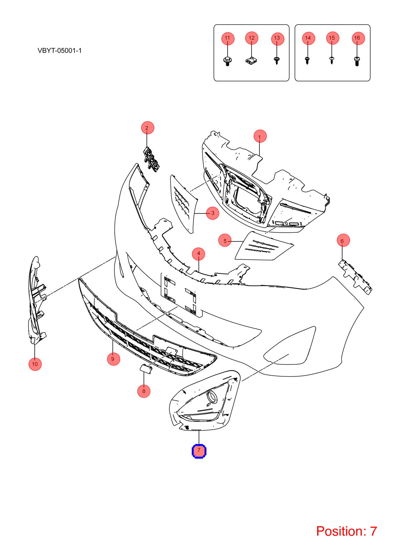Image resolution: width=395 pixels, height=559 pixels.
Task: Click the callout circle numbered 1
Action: coord(260,136)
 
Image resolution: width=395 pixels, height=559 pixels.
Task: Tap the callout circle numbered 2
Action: coord(148,128)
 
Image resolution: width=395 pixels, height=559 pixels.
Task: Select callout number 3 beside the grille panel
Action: coord(213,213)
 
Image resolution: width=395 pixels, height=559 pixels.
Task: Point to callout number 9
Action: coord(113,359)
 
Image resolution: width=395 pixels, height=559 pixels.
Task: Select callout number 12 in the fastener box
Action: coord(251,38)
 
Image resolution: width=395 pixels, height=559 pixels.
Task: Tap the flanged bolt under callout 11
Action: coord(227,61)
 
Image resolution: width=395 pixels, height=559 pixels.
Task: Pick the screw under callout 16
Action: coord(357,61)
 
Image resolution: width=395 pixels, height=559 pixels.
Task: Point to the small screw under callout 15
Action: coord(332,60)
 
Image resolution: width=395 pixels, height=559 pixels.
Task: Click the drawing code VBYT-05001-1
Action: coord(59,51)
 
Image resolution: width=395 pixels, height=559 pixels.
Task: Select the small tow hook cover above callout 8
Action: coord(145,368)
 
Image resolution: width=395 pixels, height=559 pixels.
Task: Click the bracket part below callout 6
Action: coord(355,277)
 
